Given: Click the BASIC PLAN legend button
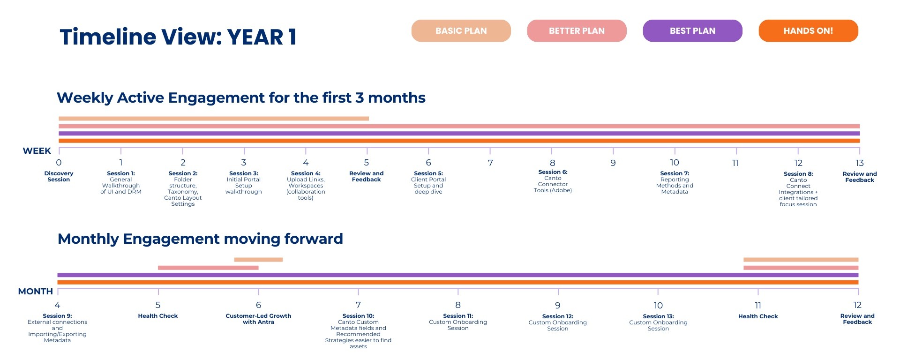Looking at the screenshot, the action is (461, 31).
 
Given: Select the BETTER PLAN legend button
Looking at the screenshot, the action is (577, 31).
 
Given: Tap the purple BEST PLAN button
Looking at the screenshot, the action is (692, 31).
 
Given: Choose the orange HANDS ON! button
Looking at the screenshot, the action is (808, 31).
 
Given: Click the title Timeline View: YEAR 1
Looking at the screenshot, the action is (178, 37).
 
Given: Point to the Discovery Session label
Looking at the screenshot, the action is (59, 176).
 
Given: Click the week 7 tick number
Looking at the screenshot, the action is (490, 163).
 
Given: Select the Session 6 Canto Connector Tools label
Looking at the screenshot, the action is (553, 181).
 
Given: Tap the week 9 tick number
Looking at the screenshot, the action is (613, 163).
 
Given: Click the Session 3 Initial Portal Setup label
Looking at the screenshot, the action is (244, 182).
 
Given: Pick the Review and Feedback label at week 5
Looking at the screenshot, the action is (367, 176).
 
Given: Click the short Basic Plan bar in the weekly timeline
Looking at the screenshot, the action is (214, 119).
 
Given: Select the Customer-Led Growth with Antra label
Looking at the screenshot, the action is (258, 319).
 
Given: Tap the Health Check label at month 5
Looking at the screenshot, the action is (158, 316).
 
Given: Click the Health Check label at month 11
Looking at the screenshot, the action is (758, 316).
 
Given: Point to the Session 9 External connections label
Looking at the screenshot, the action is (57, 328).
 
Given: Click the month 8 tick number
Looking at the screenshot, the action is (458, 305).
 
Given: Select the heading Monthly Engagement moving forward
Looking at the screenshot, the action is (200, 239).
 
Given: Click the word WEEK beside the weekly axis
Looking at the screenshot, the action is (37, 151).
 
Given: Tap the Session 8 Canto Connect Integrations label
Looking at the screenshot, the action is (798, 189).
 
